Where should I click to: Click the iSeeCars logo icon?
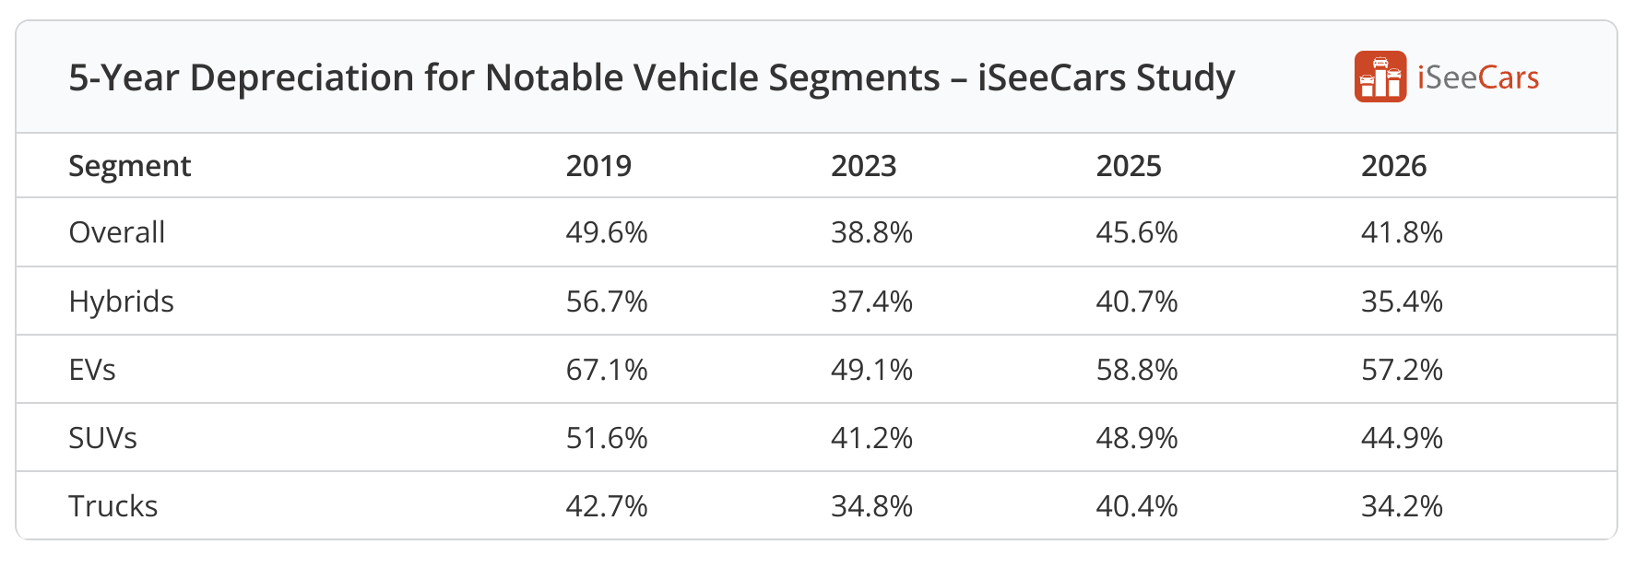pos(1379,77)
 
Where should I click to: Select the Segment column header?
pos(130,166)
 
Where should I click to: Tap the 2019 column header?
pos(598,166)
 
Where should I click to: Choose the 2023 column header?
pos(863,166)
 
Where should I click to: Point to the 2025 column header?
pos(1129,166)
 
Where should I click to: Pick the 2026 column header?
pos(1393,166)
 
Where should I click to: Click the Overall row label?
pos(117,232)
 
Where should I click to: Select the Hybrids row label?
pos(122,302)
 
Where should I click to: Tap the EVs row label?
pos(92,370)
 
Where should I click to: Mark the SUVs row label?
pos(103,438)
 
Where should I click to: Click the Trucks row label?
pos(113,506)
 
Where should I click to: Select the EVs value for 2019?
pos(607,370)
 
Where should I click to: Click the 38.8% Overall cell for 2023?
pos(871,232)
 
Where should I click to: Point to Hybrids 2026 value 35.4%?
pos(1402,302)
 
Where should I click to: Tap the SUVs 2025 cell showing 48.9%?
pos(1137,438)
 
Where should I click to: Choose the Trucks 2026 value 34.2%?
pos(1402,506)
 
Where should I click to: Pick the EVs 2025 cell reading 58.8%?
pos(1137,370)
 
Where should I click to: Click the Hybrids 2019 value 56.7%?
pos(607,302)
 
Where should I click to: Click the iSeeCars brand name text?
pos(1477,77)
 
